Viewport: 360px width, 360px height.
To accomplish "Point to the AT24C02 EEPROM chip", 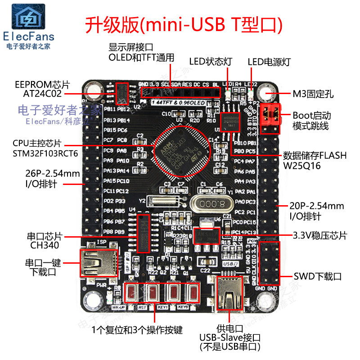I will point(121,94).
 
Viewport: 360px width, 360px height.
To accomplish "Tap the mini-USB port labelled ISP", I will point(99,263).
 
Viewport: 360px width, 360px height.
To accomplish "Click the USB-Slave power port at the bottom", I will point(230,296).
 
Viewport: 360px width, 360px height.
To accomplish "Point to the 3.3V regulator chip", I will point(206,236).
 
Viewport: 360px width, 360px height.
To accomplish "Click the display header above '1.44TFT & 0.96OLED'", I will point(180,92).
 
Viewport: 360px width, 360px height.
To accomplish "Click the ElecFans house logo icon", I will point(28,17).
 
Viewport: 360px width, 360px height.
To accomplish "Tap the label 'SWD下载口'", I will point(318,276).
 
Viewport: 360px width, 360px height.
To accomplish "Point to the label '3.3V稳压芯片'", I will point(320,235).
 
